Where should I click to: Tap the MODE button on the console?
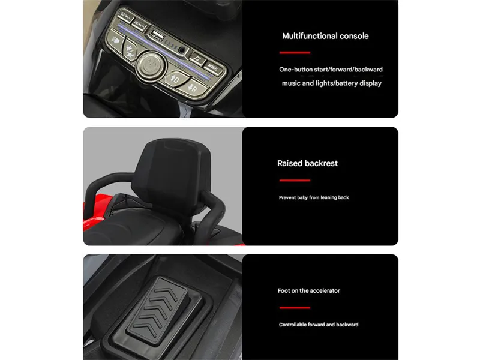(213, 67)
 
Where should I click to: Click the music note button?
(196, 59)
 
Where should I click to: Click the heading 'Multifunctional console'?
(325, 36)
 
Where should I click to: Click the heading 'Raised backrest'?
(307, 163)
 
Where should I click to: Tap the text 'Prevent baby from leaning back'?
(314, 197)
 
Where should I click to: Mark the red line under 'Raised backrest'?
(293, 180)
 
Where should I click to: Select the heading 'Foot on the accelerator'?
(308, 291)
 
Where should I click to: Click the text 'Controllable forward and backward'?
(318, 325)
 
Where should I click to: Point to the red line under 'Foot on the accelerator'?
(293, 307)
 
